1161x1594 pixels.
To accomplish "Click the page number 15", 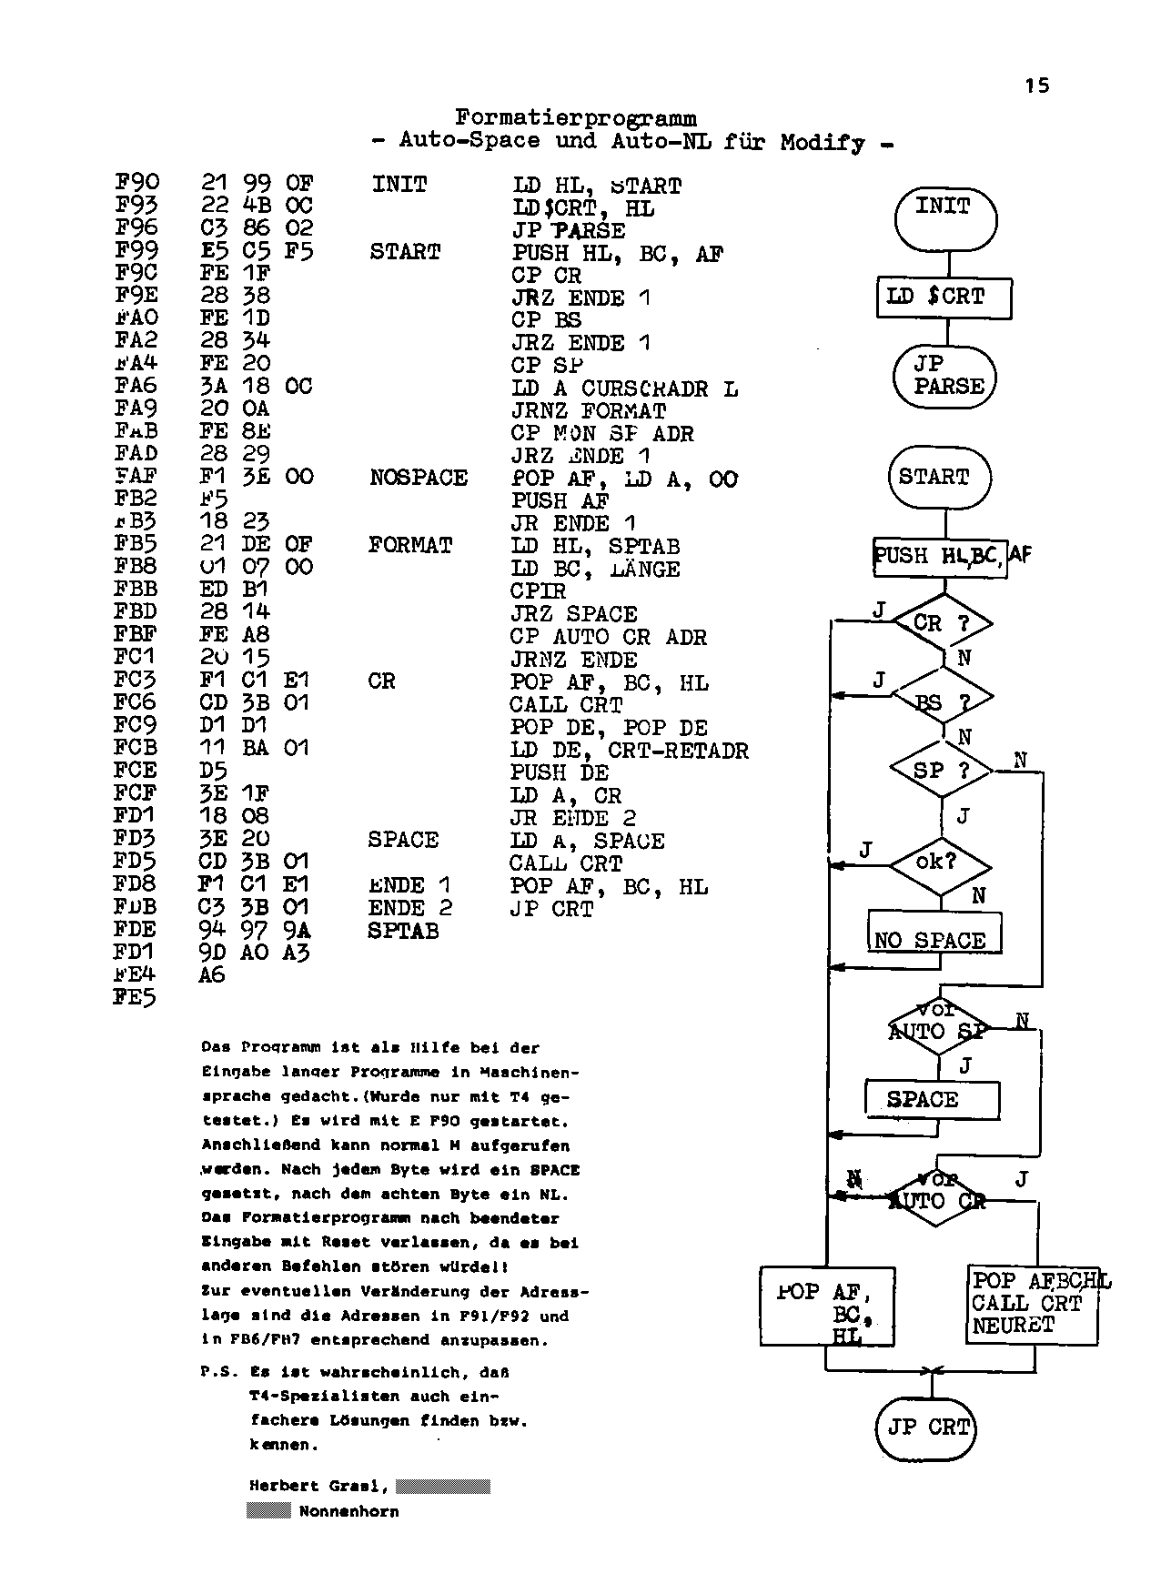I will pos(1036,86).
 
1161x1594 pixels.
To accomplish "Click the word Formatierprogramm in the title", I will pos(576,118).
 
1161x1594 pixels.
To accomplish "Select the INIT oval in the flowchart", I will pos(944,218).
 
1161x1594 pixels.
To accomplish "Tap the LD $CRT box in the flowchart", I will pos(944,297).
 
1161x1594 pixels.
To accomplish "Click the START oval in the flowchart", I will pos(939,477).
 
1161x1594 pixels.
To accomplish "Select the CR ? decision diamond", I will pos(942,624).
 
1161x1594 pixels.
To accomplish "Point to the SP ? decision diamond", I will pos(942,771).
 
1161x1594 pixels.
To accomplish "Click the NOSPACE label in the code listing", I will pos(419,479).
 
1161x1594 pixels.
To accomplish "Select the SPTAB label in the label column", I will pos(403,931).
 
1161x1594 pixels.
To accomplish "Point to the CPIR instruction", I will pos(538,591).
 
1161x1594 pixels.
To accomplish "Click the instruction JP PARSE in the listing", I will pos(569,231).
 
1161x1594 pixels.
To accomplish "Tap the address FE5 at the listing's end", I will pos(135,998).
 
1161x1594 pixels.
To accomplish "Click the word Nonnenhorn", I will pos(348,1512).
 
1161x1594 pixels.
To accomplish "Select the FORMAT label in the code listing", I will pos(410,546).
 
